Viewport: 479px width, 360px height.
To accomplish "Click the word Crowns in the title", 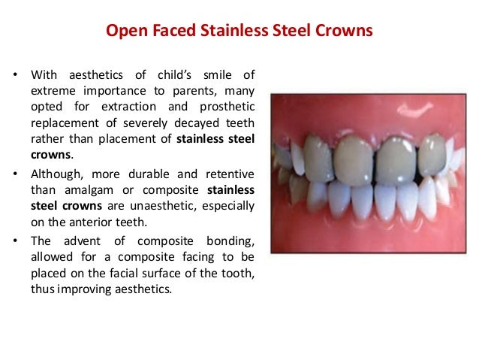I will click(347, 32).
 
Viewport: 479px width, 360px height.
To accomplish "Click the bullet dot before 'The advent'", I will click(15, 240).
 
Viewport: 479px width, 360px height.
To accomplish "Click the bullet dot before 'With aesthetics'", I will click(15, 76).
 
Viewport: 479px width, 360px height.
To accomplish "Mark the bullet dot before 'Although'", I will click(15, 173).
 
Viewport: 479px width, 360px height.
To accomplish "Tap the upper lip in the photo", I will click(368, 113).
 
